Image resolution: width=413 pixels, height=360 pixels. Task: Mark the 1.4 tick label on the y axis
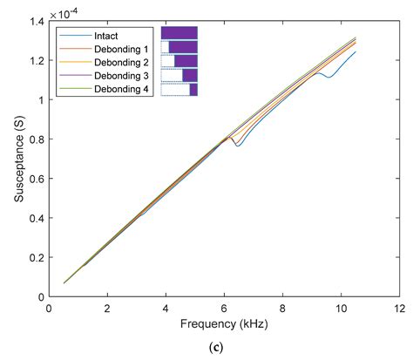(34, 21)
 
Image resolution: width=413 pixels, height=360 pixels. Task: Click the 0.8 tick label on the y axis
(34, 139)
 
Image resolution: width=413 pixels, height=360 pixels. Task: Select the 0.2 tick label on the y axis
(34, 257)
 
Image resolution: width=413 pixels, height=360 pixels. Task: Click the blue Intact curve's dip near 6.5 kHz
(237, 146)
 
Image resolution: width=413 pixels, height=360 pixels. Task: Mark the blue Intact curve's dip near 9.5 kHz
(326, 78)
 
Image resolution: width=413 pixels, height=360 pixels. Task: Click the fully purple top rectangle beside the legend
(179, 33)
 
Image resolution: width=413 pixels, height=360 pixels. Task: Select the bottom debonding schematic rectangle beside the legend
(179, 89)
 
